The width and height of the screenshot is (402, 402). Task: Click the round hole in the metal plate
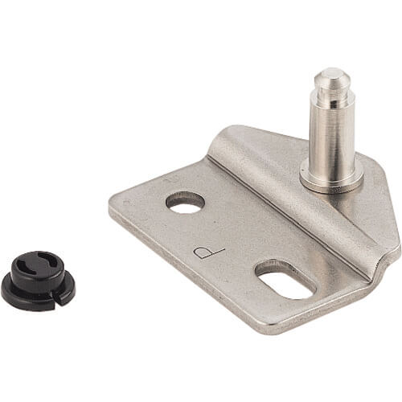[x=185, y=203]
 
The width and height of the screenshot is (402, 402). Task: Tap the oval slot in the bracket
[x=286, y=281]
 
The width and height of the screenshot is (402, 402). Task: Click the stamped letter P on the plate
[x=208, y=252]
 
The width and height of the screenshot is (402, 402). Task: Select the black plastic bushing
[x=38, y=281]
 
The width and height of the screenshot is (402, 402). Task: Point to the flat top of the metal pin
[x=331, y=72]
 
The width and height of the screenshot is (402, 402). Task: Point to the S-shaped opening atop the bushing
[x=36, y=264]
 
